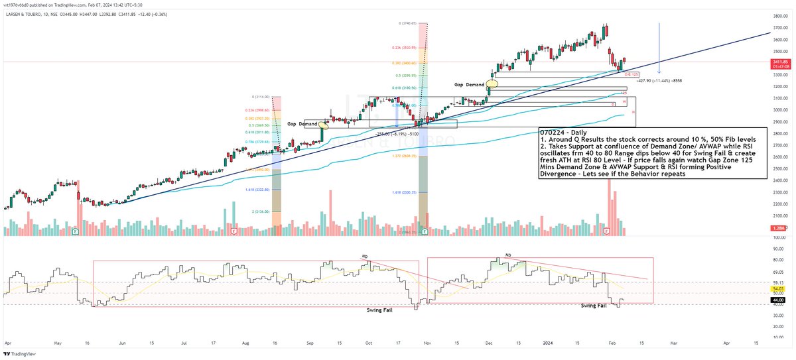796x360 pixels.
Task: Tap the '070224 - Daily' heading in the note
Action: pyautogui.click(x=561, y=133)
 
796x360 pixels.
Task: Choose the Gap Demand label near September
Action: pyautogui.click(x=302, y=124)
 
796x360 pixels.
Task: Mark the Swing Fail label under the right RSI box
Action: pyautogui.click(x=594, y=306)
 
